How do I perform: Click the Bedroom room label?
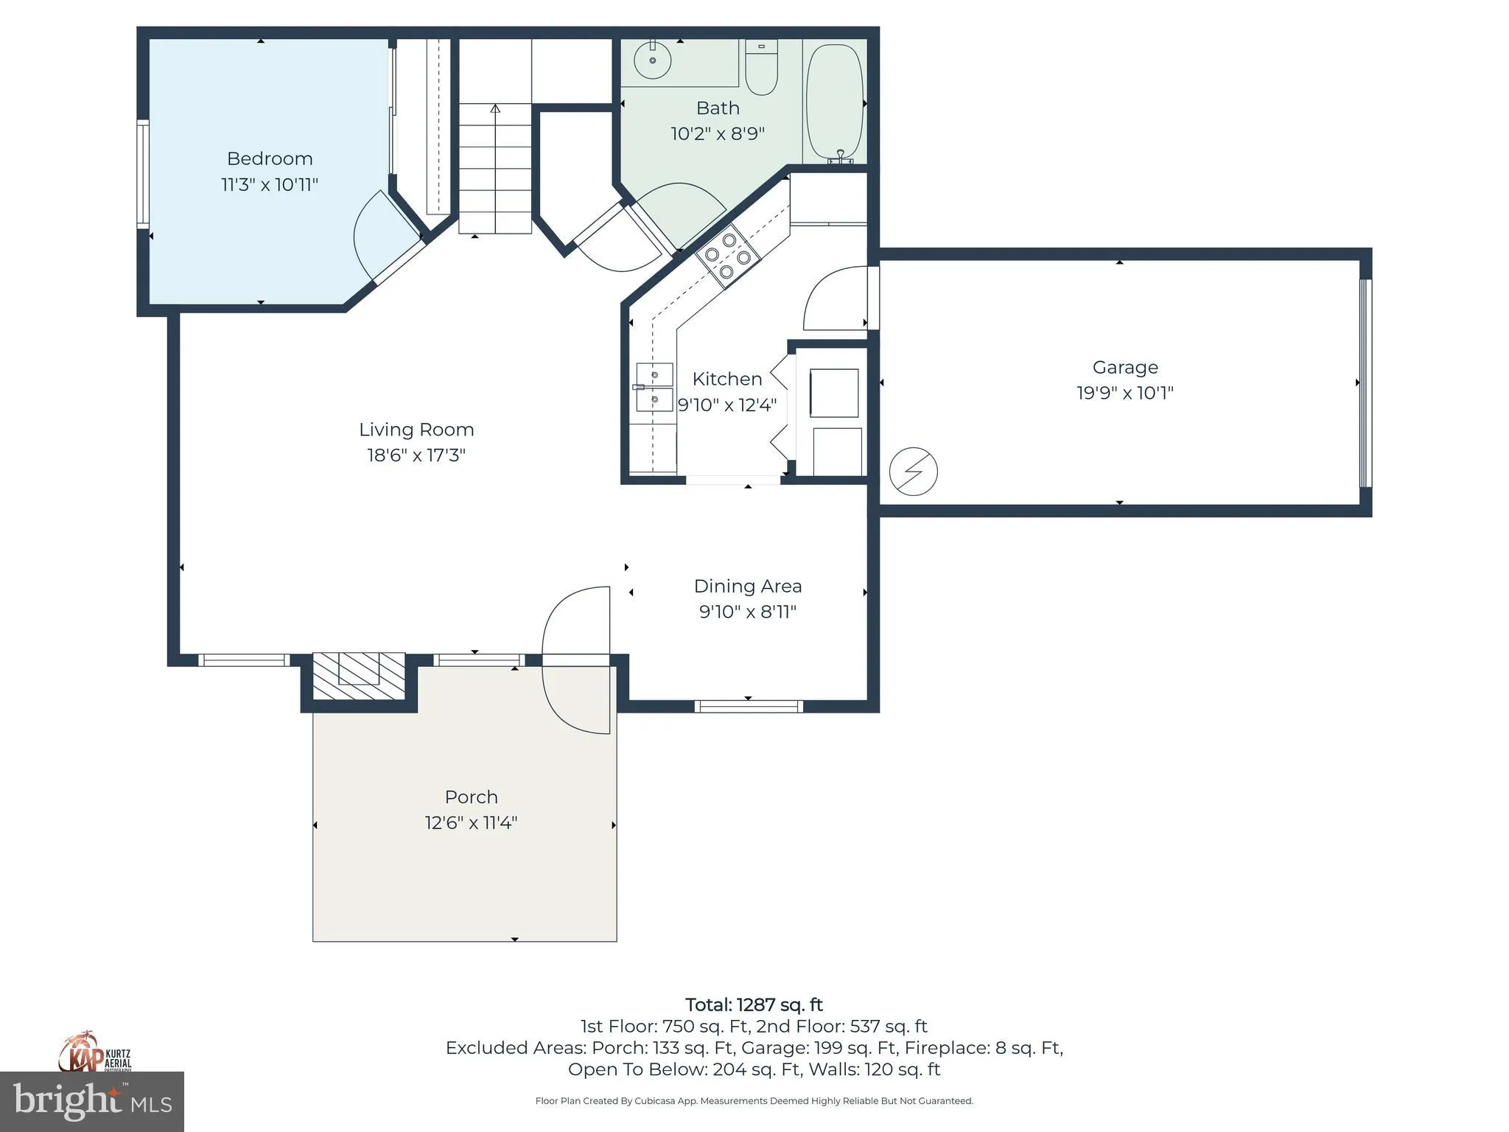(270, 158)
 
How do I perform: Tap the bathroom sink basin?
(652, 60)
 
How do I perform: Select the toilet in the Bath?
(761, 67)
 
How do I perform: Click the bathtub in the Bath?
(835, 102)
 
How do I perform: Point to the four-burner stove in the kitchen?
(728, 256)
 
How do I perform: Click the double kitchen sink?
(654, 387)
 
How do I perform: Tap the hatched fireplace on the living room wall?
(359, 676)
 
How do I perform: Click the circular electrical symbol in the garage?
(913, 471)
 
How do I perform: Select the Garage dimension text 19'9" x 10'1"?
(1125, 393)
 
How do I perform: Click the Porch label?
(472, 797)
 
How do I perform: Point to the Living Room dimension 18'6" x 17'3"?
(416, 455)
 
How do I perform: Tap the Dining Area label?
(748, 587)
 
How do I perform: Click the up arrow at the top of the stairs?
(495, 109)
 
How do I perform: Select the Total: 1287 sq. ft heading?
(754, 1005)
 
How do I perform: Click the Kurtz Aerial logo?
(95, 1052)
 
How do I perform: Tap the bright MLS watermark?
(92, 1101)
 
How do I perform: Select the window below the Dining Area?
(749, 706)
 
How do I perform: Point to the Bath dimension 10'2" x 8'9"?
(718, 134)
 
